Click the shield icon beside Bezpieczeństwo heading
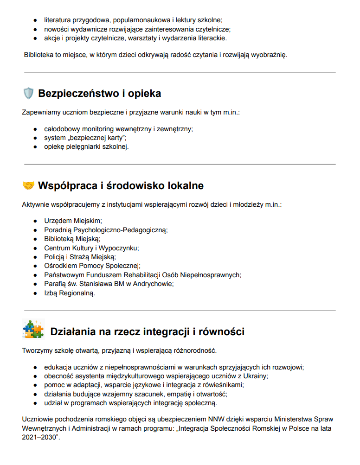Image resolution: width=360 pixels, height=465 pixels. [28, 94]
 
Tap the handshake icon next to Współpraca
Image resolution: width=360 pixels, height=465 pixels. [28, 186]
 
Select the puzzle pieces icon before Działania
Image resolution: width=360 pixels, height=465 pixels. [32, 329]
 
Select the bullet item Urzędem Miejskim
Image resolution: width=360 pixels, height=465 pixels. [73, 221]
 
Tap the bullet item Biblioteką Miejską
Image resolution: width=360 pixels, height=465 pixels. [72, 239]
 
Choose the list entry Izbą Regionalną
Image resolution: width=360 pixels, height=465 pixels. [70, 293]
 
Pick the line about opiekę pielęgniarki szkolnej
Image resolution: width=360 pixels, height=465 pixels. [86, 147]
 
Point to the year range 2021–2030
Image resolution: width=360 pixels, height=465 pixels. [39, 437]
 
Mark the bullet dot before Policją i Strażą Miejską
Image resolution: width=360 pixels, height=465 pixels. [35, 257]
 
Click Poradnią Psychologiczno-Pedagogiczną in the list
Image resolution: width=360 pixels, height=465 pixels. [106, 230]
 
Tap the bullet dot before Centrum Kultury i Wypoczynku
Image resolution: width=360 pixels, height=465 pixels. [35, 248]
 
